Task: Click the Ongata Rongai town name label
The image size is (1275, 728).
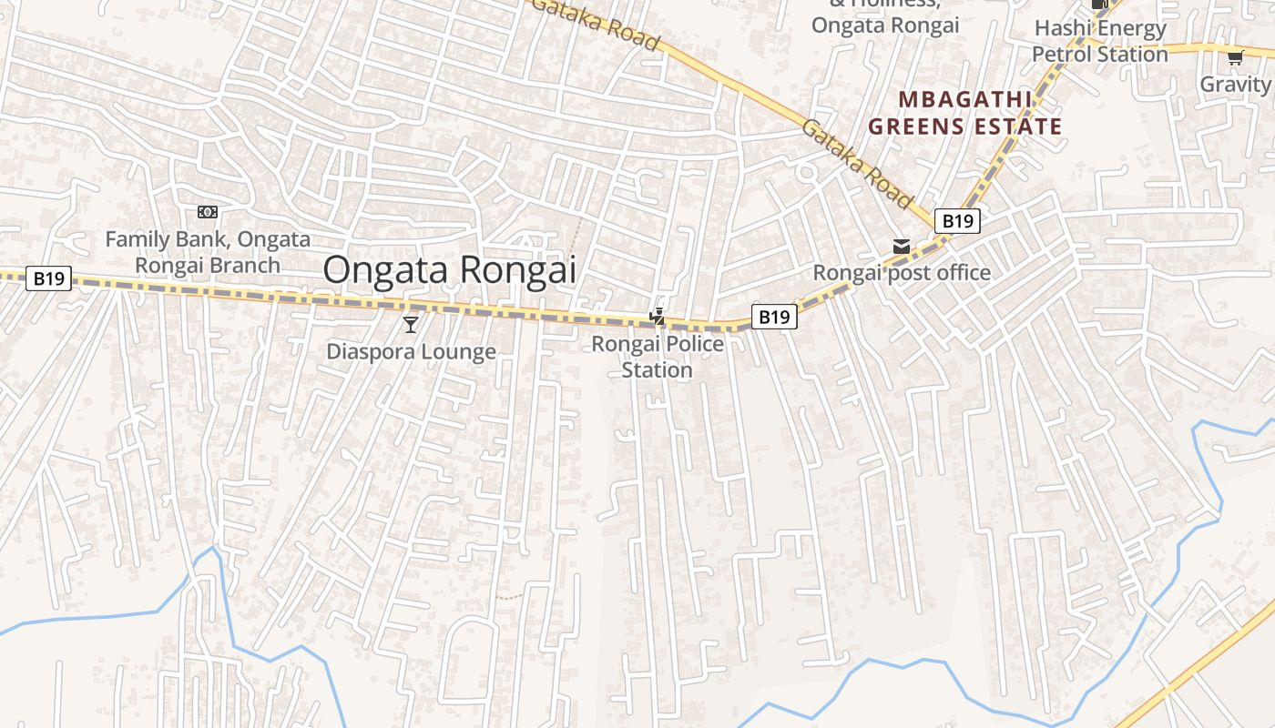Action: (x=450, y=270)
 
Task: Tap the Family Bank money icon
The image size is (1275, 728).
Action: (x=208, y=212)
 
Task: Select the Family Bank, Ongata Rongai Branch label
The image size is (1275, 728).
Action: (x=208, y=252)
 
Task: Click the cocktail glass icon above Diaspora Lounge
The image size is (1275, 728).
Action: (x=411, y=324)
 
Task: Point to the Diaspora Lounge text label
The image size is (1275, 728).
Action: (x=411, y=351)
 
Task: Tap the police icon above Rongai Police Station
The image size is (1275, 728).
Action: (x=657, y=316)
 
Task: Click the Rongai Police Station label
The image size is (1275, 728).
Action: (x=658, y=357)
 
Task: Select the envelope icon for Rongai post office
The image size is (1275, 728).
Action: (x=901, y=247)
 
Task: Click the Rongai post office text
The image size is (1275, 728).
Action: (x=901, y=273)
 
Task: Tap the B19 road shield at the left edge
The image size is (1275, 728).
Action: (x=48, y=278)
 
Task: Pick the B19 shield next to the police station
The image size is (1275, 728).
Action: (x=774, y=317)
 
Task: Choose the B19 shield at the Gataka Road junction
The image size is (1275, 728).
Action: (x=957, y=220)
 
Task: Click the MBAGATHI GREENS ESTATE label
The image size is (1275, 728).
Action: (x=964, y=113)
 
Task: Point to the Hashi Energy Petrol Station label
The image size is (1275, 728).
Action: (x=1099, y=41)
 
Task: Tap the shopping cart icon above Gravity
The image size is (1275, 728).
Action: (x=1235, y=58)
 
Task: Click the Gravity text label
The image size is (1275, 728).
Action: (x=1236, y=84)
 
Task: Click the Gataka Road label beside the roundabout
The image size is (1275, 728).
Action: (x=857, y=161)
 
